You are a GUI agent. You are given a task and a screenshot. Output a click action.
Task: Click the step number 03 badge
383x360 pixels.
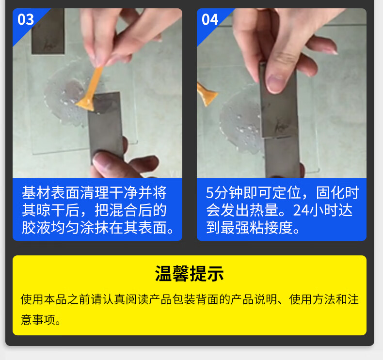25,19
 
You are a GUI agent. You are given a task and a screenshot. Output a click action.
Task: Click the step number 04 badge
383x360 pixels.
209,19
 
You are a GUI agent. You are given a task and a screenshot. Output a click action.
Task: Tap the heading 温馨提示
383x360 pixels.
189,274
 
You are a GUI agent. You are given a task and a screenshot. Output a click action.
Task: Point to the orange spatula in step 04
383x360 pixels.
206,94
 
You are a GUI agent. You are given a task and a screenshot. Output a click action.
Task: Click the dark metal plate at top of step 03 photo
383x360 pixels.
48,31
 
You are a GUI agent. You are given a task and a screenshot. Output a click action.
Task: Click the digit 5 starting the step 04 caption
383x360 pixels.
210,193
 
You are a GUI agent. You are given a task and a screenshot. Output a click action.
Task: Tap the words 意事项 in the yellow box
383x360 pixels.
38,320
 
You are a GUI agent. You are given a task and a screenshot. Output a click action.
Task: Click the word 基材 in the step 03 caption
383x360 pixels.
36,192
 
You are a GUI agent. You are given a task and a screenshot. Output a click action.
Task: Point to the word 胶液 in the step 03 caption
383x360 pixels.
36,228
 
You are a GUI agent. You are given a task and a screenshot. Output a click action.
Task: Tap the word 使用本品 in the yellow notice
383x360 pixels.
44,299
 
